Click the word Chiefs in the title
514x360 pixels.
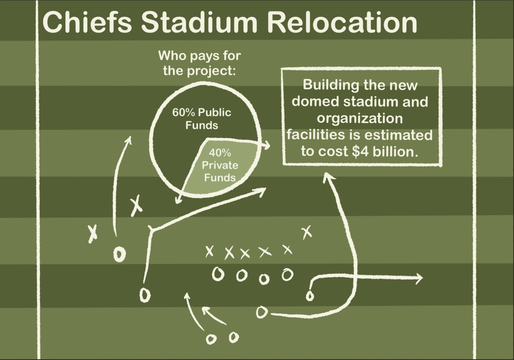87,22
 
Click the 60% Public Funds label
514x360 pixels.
201,119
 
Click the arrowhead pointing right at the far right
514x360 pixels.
418,279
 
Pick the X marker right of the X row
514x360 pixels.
306,232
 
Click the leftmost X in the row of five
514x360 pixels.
209,252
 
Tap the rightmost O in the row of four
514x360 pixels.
287,273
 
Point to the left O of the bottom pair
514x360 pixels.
210,339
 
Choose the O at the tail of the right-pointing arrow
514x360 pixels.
309,296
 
